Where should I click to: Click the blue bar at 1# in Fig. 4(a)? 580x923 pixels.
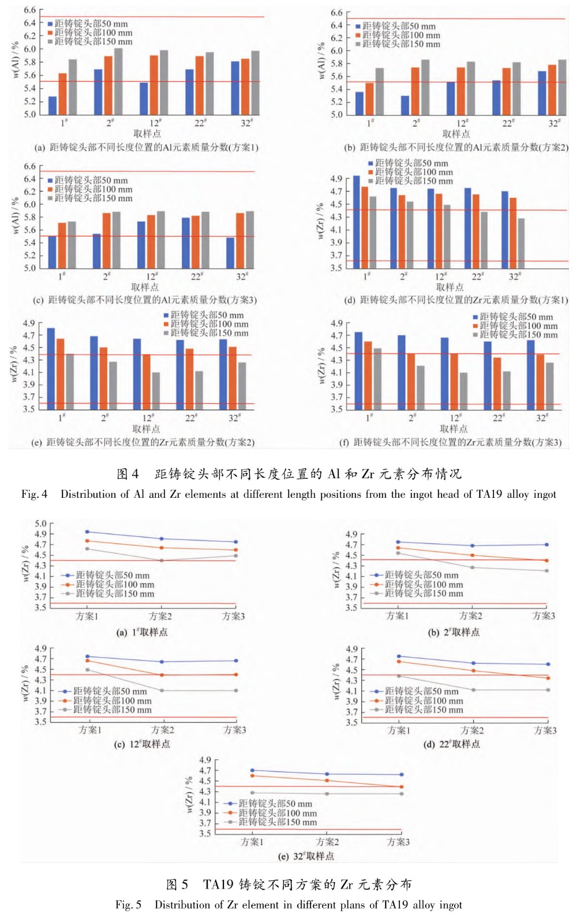[53, 106]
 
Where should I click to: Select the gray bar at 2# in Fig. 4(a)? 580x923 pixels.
[118, 81]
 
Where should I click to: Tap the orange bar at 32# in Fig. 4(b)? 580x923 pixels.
[553, 90]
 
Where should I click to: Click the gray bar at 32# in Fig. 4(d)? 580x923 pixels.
[521, 243]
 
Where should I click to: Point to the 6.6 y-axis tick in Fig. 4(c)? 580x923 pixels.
[29, 167]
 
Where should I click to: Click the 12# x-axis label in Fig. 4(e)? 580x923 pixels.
[148, 417]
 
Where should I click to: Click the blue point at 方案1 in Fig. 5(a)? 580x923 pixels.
[87, 532]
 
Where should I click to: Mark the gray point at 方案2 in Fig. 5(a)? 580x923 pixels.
[161, 560]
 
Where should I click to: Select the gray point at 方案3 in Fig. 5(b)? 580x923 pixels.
[546, 571]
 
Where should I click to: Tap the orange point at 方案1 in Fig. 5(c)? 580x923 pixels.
[87, 661]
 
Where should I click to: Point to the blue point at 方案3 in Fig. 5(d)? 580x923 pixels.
[548, 665]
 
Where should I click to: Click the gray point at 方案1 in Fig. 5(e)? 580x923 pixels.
[252, 793]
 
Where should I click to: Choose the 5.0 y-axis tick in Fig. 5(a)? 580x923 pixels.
[40, 524]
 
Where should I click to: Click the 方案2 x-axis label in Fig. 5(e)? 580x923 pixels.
[327, 842]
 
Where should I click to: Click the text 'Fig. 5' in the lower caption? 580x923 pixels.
[128, 905]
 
